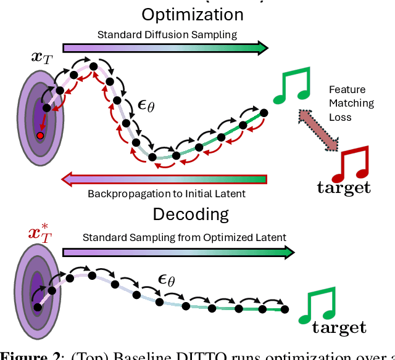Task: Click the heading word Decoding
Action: [x=191, y=215]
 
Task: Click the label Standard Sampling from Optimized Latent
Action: [x=185, y=237]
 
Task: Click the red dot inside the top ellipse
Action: [x=40, y=135]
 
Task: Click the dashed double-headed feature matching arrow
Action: [x=320, y=130]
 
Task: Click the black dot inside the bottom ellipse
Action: [x=38, y=307]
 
